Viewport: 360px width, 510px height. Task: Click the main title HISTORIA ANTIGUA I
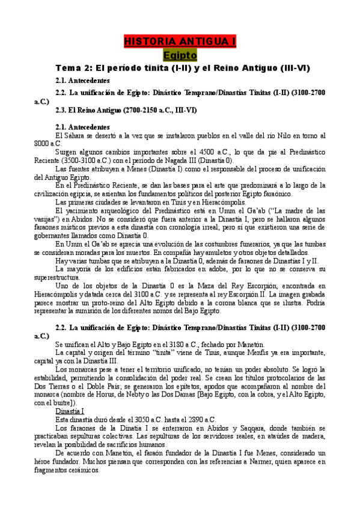click(180, 41)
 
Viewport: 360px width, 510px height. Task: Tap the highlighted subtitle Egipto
click(180, 55)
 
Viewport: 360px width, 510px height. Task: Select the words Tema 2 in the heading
click(72, 68)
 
